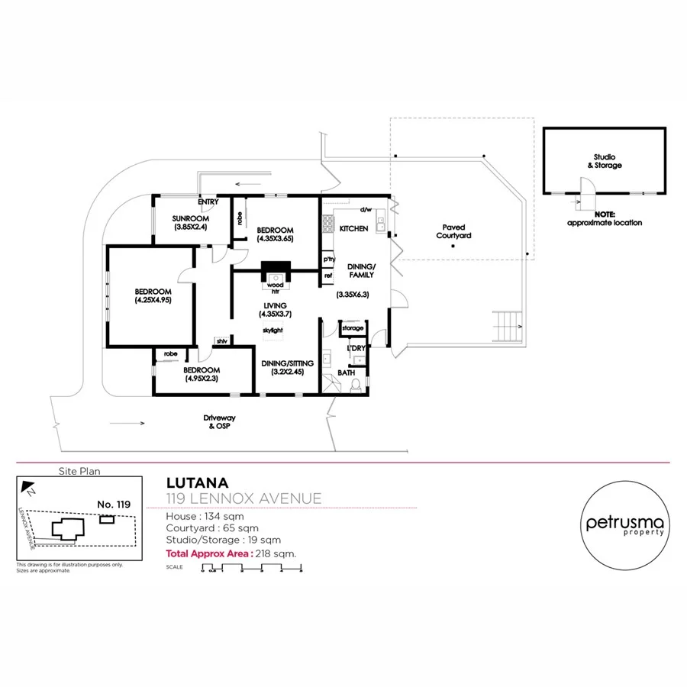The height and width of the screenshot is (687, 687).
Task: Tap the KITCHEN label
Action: [x=353, y=229]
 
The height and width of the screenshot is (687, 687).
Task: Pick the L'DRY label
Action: [x=356, y=349]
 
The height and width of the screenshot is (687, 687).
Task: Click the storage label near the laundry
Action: [x=353, y=328]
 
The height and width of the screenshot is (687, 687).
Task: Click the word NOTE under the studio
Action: [x=605, y=214]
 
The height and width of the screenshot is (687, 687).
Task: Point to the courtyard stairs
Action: [x=507, y=326]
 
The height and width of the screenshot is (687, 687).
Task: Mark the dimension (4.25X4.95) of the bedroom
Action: [x=153, y=301]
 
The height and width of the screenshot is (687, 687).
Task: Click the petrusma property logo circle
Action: [x=625, y=524]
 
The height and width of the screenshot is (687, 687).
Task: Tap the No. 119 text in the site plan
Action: [x=114, y=504]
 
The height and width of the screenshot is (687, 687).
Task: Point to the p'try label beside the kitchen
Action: [x=329, y=260]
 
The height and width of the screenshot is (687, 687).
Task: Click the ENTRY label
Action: [x=208, y=202]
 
